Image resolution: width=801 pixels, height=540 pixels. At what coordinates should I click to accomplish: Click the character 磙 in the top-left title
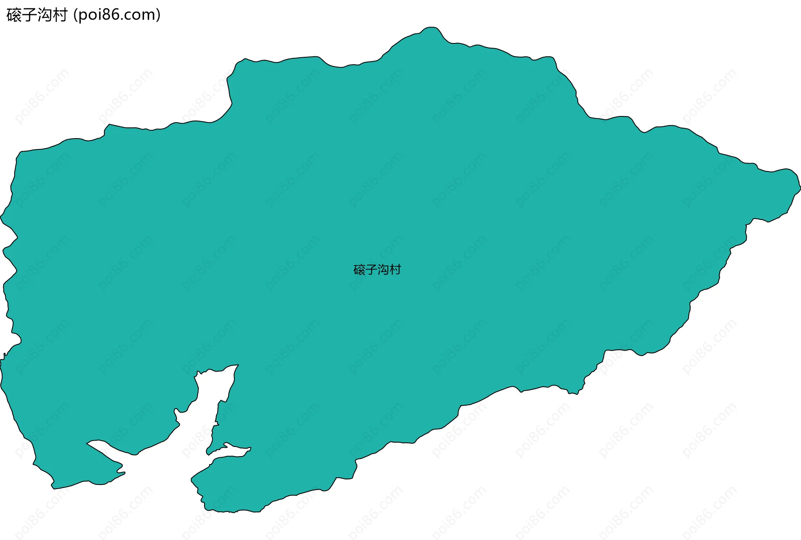[14, 15]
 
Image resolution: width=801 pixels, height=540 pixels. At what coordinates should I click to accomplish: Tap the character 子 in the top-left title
[29, 15]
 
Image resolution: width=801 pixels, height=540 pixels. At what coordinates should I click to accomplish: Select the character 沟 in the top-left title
[45, 15]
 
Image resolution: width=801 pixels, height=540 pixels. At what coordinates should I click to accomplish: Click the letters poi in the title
[88, 15]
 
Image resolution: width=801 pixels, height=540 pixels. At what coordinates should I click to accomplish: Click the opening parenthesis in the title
[75, 15]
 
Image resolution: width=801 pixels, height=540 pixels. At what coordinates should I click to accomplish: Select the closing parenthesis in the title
[158, 15]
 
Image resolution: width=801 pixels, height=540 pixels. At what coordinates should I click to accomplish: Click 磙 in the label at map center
[359, 270]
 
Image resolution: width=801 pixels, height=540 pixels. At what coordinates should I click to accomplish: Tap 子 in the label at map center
[371, 270]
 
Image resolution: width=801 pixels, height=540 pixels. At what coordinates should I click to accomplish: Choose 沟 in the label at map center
[383, 270]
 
